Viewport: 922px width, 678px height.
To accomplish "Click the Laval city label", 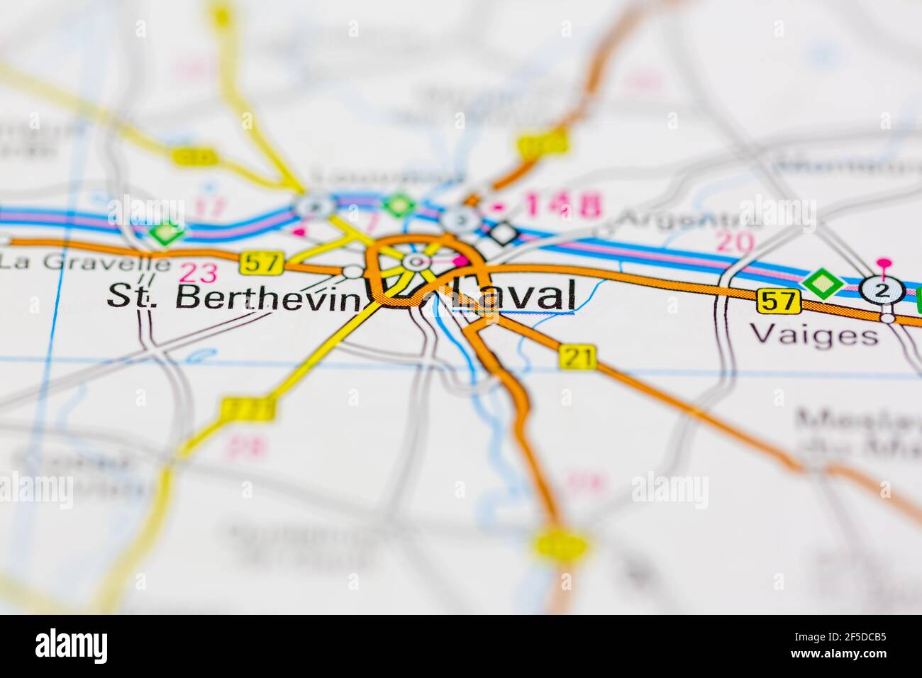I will pyautogui.click(x=521, y=295).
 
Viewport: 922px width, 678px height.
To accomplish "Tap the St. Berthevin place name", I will pyautogui.click(x=233, y=297).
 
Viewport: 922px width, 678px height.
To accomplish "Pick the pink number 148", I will pyautogui.click(x=564, y=206).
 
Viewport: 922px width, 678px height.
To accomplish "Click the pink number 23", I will pyautogui.click(x=199, y=272).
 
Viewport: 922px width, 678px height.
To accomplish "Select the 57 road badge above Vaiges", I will pyautogui.click(x=778, y=301).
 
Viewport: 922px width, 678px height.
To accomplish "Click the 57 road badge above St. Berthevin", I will pyautogui.click(x=262, y=263).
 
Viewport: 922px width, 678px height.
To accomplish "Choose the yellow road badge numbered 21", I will pyautogui.click(x=577, y=356).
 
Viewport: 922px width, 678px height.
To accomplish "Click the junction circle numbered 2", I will pyautogui.click(x=882, y=289).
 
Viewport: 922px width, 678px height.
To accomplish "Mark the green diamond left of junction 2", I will pyautogui.click(x=822, y=284).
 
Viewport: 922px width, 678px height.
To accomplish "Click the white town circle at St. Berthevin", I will pyautogui.click(x=352, y=271).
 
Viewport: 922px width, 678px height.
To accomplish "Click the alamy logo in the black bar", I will pyautogui.click(x=71, y=646).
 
